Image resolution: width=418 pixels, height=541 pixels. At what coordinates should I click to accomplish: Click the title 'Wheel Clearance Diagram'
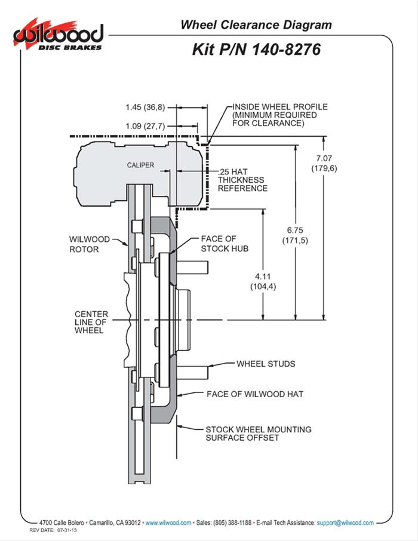pyautogui.click(x=256, y=24)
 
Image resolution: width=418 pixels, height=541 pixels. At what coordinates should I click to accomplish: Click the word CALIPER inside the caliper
pyautogui.click(x=140, y=165)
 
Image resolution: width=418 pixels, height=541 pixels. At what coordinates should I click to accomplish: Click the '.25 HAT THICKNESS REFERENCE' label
pyautogui.click(x=242, y=179)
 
